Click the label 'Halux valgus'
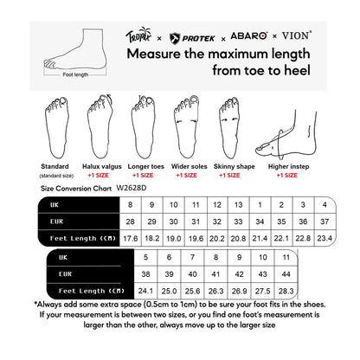(102, 164)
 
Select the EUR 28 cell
(131, 221)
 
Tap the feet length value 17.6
(131, 237)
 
